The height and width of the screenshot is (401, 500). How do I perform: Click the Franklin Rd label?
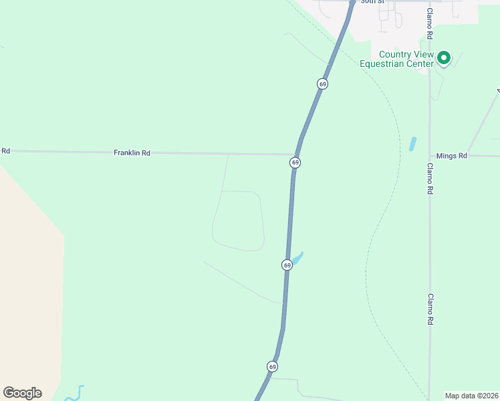(x=132, y=153)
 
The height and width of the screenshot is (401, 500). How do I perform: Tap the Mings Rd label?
(x=451, y=156)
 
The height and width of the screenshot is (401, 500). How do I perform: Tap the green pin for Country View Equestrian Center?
(x=444, y=59)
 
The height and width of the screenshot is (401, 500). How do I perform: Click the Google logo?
(x=22, y=393)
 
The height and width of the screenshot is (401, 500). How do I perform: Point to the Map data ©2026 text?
(x=472, y=395)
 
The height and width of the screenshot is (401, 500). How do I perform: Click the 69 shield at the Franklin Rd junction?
(x=295, y=162)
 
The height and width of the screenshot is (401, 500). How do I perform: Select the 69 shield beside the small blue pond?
(x=287, y=265)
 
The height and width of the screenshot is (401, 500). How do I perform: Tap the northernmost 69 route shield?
(x=322, y=84)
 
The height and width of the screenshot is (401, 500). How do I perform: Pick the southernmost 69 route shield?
(x=272, y=366)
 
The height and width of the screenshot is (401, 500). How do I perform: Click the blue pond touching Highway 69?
(x=297, y=257)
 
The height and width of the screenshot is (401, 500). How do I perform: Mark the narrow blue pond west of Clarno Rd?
(x=412, y=144)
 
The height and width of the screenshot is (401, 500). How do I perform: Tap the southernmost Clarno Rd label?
(x=430, y=309)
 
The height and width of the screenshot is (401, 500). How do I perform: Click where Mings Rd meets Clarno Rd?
(x=430, y=156)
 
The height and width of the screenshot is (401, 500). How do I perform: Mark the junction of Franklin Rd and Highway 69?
(x=298, y=155)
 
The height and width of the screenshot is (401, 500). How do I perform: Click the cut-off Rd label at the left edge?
(x=5, y=151)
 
